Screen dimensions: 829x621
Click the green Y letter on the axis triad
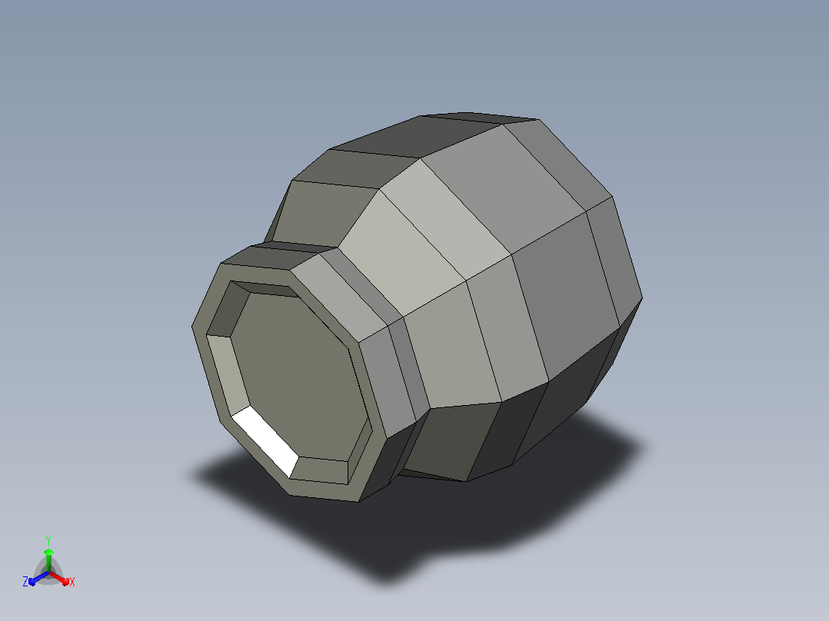[x=48, y=540]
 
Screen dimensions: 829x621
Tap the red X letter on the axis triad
[x=72, y=582]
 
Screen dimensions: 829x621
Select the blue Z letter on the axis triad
[x=25, y=582]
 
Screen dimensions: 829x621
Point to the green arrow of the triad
[x=48, y=560]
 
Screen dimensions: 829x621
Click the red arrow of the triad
[x=59, y=578]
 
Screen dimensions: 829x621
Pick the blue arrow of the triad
[x=38, y=578]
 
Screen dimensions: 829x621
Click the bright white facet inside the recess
[x=265, y=441]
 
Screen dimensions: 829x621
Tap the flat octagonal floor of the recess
[x=297, y=375]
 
